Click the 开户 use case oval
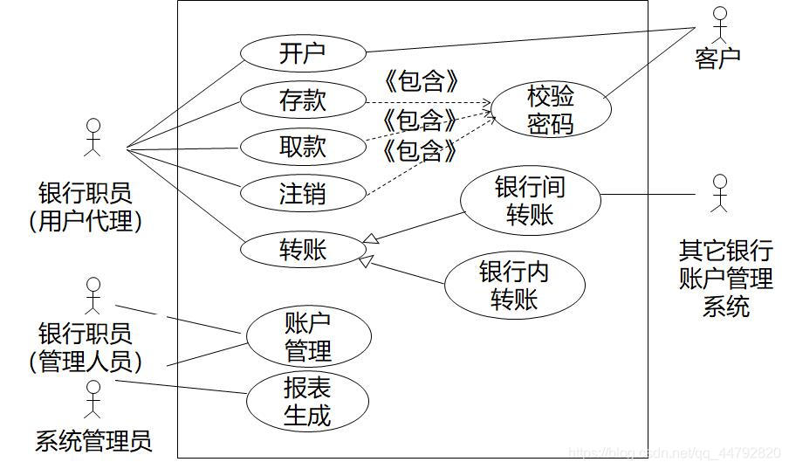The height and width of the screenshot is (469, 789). (302, 54)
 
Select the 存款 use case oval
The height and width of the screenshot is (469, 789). (302, 100)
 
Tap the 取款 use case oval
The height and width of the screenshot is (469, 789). (302, 147)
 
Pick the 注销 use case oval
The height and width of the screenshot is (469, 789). (302, 193)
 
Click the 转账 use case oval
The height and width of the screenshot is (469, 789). (302, 251)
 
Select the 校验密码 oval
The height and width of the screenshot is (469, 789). (551, 110)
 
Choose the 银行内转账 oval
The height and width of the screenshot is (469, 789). (514, 286)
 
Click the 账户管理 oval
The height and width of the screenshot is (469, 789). (308, 336)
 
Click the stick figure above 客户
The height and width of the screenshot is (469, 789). (719, 25)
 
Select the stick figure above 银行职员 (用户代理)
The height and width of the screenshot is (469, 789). (93, 136)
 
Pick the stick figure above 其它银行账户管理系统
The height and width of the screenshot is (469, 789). (719, 194)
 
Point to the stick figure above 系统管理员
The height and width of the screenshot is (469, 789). (93, 397)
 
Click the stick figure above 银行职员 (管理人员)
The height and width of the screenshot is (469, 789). (93, 294)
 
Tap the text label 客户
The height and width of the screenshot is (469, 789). (717, 59)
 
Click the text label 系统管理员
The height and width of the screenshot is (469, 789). (93, 440)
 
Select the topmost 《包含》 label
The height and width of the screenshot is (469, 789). (421, 82)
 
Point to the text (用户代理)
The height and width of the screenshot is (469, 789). (85, 220)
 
